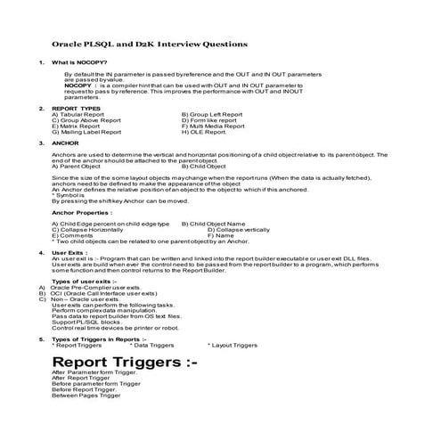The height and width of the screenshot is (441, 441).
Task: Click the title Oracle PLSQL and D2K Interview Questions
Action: click(150, 44)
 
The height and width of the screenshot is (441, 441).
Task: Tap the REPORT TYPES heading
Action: click(76, 109)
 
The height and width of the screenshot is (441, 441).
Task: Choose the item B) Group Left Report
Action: click(211, 115)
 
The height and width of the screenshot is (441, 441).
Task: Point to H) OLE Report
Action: click(203, 131)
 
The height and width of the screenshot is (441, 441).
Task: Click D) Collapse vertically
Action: click(239, 229)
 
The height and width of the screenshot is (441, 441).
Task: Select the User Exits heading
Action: click(70, 253)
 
